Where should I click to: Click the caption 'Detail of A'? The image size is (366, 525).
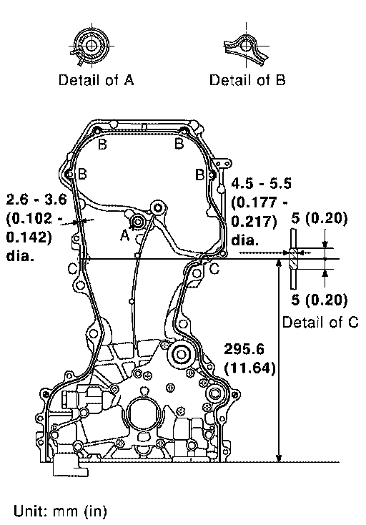click(x=97, y=80)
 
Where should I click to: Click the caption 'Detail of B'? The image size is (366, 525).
click(x=247, y=80)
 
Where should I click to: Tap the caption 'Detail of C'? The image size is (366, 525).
click(x=320, y=323)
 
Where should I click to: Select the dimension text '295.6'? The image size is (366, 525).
click(x=244, y=349)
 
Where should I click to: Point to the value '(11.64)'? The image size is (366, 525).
click(x=250, y=368)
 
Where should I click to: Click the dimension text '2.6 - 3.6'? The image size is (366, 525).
click(x=36, y=200)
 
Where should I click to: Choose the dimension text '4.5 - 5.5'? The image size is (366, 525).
click(x=262, y=184)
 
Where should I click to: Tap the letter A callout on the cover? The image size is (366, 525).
click(x=124, y=235)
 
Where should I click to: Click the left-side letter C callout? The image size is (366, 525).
click(x=73, y=268)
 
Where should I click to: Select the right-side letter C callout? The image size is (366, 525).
click(x=214, y=268)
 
